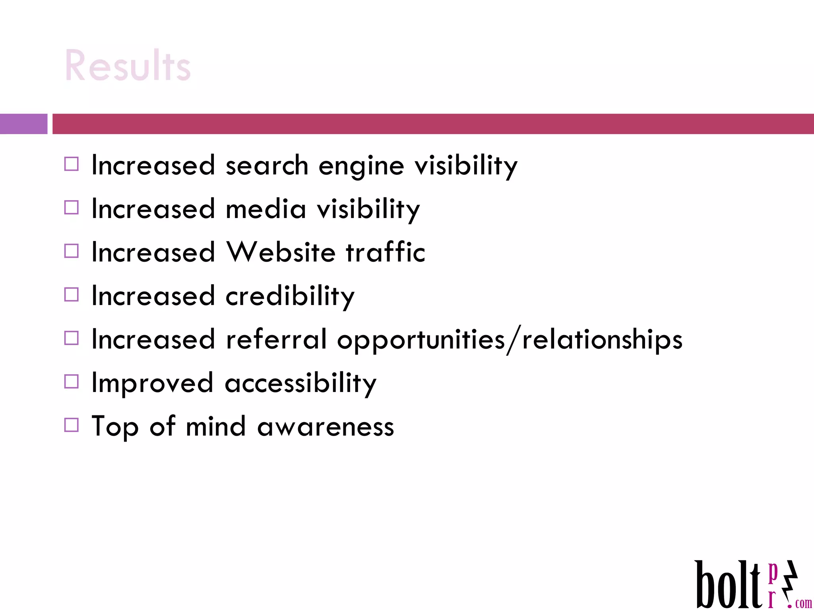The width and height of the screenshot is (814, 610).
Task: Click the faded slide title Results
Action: [128, 66]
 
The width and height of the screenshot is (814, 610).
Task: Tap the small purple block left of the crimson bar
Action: [23, 124]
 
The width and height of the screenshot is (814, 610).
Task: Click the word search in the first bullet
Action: [267, 165]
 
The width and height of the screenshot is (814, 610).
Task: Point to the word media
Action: [266, 209]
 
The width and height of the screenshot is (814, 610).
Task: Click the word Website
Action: [281, 252]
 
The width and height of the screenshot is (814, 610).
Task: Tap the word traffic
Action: [385, 252]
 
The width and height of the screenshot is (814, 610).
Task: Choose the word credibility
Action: [290, 296]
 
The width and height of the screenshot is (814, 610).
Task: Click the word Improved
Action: [152, 384]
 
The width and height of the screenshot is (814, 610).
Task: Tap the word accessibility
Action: [300, 384]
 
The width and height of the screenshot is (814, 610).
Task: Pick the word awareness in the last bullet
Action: [326, 427]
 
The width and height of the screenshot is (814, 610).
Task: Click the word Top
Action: [115, 427]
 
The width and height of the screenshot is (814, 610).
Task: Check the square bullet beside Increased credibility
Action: [72, 295]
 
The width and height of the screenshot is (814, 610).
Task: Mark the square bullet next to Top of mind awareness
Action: [72, 425]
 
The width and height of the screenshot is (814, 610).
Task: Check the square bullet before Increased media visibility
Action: [72, 207]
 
